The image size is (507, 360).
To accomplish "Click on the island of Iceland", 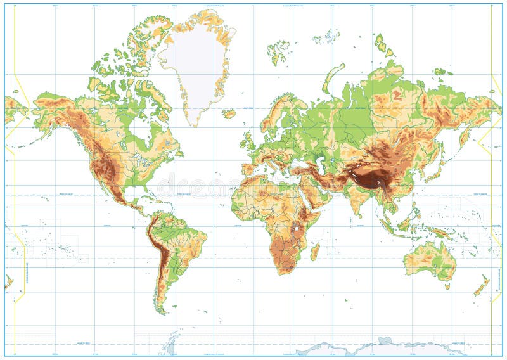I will tap(229, 114).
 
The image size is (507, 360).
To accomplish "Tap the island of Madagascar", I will tap(314, 251).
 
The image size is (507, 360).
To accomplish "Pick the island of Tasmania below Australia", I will tap(447, 286).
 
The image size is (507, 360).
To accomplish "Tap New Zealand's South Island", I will tap(480, 289).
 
